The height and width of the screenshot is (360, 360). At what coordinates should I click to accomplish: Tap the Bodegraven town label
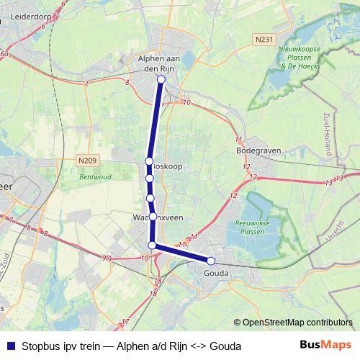[258, 150]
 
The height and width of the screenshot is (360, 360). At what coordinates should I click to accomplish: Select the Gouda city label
[216, 273]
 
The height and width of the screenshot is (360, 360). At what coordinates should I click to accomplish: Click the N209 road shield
[86, 161]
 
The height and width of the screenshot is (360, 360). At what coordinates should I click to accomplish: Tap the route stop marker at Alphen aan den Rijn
[161, 80]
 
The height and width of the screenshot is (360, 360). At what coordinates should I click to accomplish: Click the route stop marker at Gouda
[211, 261]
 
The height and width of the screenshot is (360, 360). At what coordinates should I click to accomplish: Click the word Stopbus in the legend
[40, 346]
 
